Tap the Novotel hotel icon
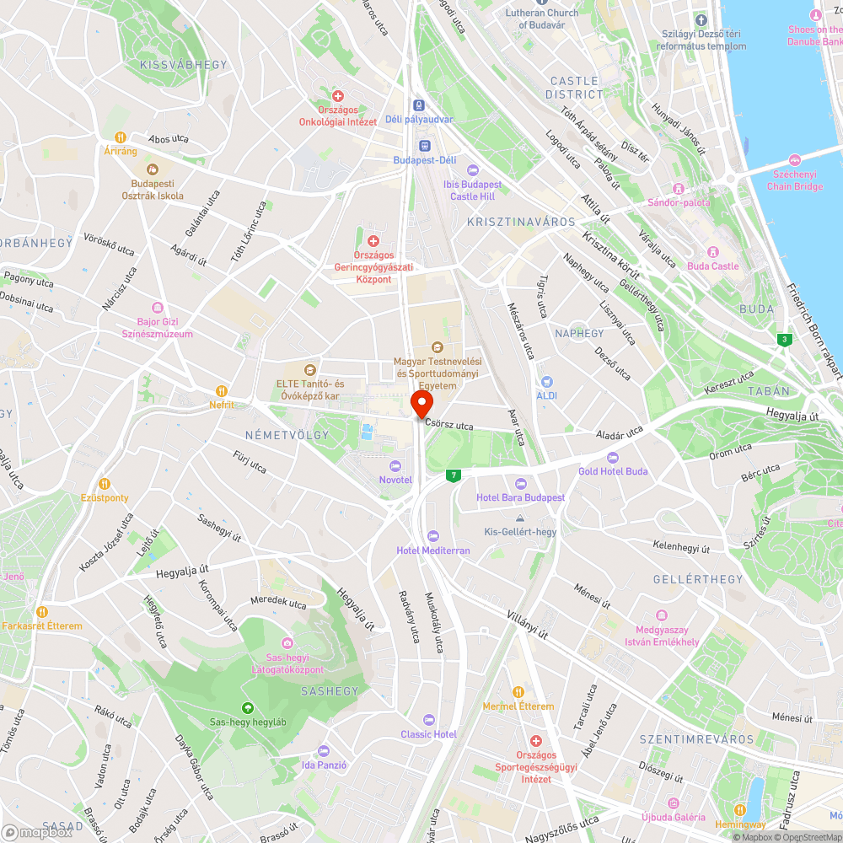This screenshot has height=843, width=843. (395, 466)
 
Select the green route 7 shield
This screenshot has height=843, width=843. (454, 476)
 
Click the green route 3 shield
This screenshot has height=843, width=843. (786, 339)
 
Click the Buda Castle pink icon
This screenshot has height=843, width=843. (712, 252)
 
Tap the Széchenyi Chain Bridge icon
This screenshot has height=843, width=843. (794, 160)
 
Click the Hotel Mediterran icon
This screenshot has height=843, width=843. (433, 536)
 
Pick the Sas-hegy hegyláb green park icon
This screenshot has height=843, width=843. (248, 708)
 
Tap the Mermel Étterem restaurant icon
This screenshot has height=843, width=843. (518, 692)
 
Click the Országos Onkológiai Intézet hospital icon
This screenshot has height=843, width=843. (338, 97)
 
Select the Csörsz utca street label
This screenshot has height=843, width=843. (449, 427)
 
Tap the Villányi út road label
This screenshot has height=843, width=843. (528, 625)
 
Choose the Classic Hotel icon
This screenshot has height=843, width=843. (429, 720)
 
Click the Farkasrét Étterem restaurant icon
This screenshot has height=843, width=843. (41, 611)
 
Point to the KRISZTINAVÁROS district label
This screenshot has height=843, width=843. (520, 222)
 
